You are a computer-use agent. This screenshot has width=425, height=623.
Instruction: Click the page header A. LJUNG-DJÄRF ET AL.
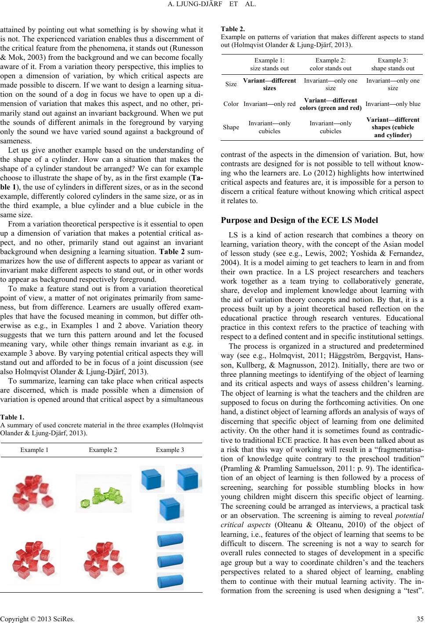212,6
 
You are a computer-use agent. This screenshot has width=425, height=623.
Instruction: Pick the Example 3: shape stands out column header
392,64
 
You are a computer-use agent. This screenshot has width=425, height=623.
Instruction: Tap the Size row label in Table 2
230,84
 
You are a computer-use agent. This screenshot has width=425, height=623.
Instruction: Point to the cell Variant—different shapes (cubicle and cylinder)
393,127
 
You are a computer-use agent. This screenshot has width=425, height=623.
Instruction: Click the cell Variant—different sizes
269,84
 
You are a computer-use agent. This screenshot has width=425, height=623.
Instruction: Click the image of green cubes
104,493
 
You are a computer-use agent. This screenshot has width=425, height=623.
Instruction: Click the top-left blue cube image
152,479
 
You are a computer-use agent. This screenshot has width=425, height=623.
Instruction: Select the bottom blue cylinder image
170,581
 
